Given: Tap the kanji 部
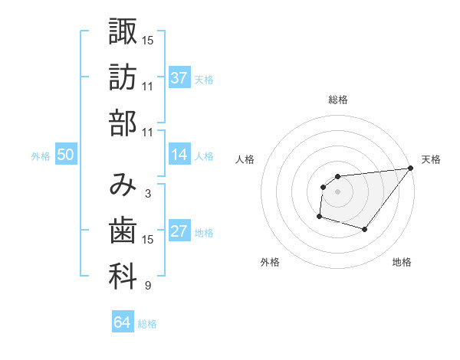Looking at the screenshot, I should tap(123, 123).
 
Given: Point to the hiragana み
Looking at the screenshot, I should tap(123, 185).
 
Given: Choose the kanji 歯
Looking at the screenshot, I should tap(123, 231).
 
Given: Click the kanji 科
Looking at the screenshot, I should tap(123, 277).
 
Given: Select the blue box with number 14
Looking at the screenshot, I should tap(179, 155).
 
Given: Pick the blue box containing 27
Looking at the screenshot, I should tap(179, 232).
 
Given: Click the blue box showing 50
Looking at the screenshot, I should tap(65, 155).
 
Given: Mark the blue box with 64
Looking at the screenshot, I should tap(123, 322).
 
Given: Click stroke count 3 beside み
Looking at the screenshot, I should tap(147, 194).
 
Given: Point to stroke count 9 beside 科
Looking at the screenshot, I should tap(147, 286).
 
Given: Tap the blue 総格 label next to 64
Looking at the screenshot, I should tap(147, 324).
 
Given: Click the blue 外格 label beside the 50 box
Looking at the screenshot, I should tap(41, 156).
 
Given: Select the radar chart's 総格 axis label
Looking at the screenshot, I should tap(338, 100).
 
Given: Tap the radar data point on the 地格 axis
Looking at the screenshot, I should tap(365, 229).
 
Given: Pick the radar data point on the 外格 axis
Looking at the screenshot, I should tap(319, 217).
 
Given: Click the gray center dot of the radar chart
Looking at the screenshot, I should tap(338, 192).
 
